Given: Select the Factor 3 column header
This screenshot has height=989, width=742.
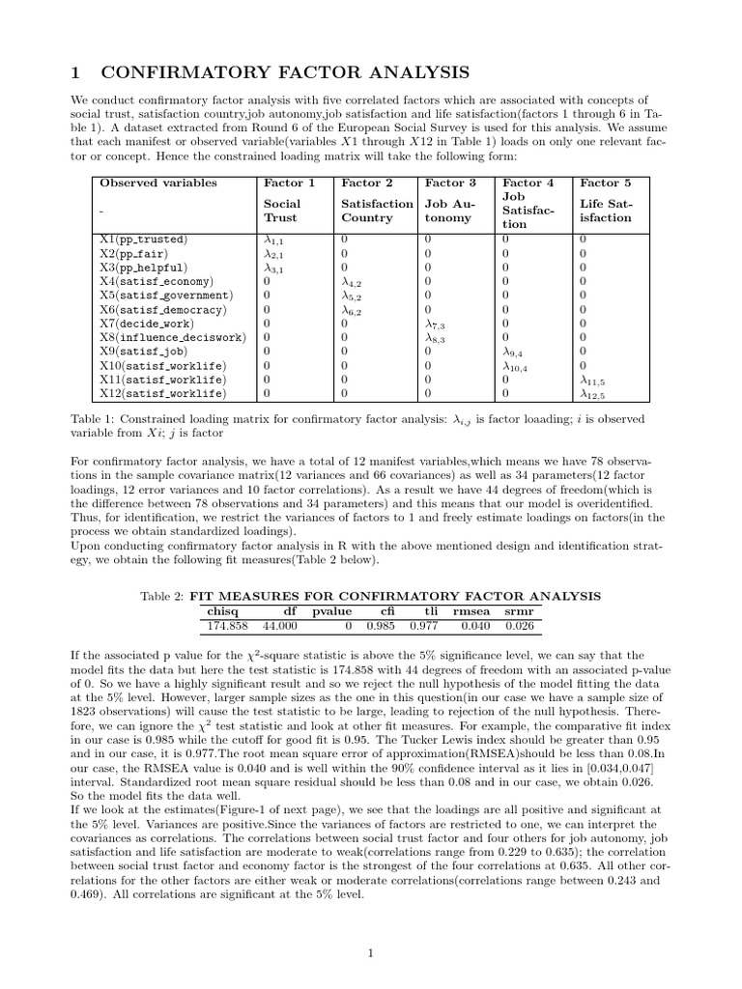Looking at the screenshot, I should (x=450, y=183).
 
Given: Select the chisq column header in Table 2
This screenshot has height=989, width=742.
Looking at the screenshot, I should (x=223, y=611).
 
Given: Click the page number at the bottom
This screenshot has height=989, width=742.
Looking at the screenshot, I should (x=371, y=953).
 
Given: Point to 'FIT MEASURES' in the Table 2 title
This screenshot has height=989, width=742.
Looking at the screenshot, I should (x=243, y=596).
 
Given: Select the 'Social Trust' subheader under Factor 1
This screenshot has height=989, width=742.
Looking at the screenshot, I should (x=282, y=211).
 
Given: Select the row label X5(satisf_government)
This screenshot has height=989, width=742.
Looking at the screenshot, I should (x=165, y=296).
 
